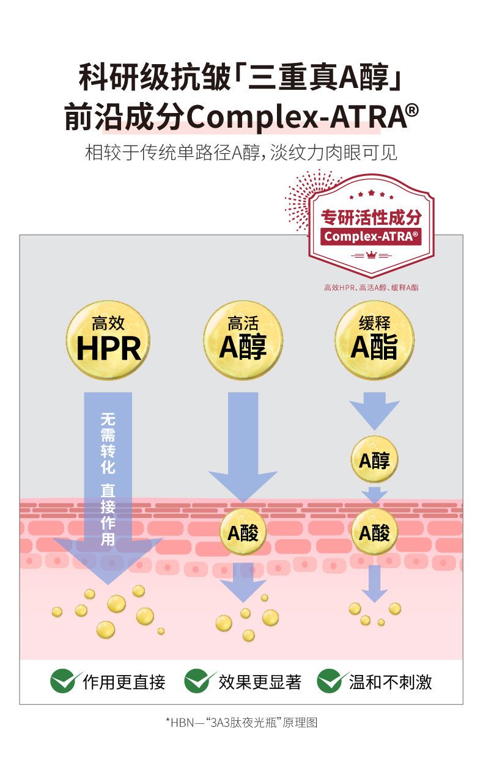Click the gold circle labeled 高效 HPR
(108, 340)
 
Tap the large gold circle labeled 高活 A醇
(243, 340)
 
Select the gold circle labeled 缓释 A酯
(374, 340)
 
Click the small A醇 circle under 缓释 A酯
(374, 459)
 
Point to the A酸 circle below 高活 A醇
(243, 533)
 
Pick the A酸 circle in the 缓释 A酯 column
(374, 533)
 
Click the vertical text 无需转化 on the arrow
(108, 443)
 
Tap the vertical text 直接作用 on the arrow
(108, 514)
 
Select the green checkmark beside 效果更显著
(200, 680)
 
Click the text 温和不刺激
(391, 682)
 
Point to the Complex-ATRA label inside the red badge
(371, 236)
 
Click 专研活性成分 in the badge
(371, 217)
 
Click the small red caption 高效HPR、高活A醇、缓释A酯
(371, 287)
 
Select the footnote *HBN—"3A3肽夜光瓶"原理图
(242, 723)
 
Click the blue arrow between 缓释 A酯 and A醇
(374, 412)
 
